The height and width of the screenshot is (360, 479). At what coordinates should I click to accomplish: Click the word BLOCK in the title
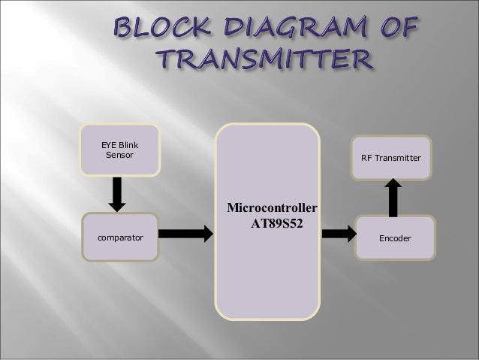(154, 29)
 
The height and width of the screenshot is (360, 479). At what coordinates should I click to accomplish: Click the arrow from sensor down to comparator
(116, 194)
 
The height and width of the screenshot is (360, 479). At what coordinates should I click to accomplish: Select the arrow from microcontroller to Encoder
(339, 234)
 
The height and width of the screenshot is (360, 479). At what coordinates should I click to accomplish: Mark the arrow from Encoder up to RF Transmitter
(392, 198)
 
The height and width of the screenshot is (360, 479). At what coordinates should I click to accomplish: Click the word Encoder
(395, 237)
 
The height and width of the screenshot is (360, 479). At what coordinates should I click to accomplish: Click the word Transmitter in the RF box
(398, 158)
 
